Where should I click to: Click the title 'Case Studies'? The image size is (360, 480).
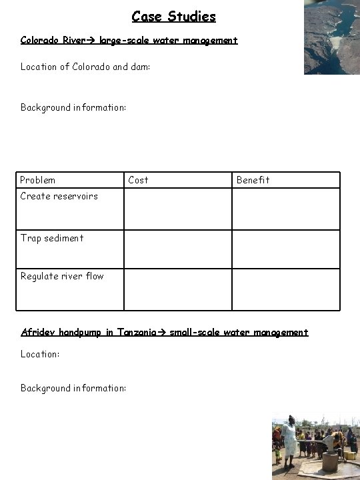tap(173, 15)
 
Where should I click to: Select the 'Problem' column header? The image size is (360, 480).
tap(38, 180)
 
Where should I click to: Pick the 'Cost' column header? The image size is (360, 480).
tap(138, 180)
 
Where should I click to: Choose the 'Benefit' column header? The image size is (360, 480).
tap(253, 180)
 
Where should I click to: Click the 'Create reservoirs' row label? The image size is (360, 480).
tap(59, 196)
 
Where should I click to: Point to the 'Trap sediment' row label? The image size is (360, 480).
tap(52, 238)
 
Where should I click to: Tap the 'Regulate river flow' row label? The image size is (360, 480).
tap(62, 276)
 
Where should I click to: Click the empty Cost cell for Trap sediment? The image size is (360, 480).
tap(177, 249)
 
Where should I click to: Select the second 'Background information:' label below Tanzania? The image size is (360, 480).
tap(73, 388)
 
